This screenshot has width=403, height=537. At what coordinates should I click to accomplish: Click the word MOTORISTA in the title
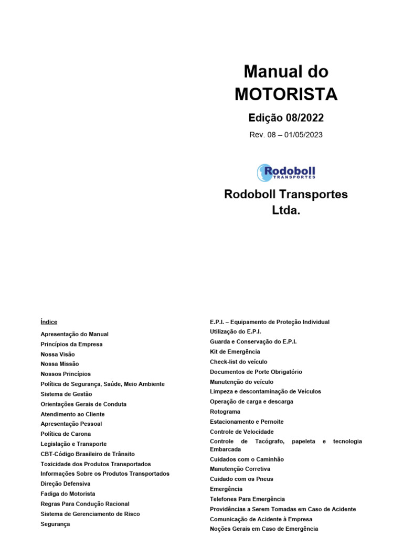click(286, 94)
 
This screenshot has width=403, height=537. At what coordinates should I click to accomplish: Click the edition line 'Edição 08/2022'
click(286, 117)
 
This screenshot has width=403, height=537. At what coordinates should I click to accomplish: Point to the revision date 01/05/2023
click(304, 135)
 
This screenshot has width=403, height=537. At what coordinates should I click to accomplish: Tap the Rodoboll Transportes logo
click(286, 173)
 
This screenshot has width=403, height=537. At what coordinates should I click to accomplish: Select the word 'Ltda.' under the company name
click(286, 210)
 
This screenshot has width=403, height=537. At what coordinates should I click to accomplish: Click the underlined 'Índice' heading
click(49, 322)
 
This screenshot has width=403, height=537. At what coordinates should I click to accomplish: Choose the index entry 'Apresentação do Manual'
click(75, 334)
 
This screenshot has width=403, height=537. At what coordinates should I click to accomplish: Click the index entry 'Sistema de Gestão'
click(66, 394)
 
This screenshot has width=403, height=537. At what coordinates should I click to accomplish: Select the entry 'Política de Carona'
click(66, 434)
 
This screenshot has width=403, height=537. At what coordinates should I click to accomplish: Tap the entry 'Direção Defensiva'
click(66, 484)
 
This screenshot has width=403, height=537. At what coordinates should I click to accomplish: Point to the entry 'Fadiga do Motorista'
click(68, 494)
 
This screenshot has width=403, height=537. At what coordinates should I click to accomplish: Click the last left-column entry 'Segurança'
click(55, 524)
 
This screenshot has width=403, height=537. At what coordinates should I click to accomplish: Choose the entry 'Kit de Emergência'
click(235, 352)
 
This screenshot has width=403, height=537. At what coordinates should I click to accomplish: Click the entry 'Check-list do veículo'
click(238, 362)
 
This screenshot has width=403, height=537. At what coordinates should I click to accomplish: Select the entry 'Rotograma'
click(225, 412)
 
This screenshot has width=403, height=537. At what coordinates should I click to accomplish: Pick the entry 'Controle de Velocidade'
click(241, 432)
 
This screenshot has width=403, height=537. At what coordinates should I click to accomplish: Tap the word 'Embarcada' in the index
click(226, 449)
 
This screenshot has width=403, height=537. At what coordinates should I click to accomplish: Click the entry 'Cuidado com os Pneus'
click(241, 479)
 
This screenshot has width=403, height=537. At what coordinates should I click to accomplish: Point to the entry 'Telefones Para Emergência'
click(247, 499)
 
